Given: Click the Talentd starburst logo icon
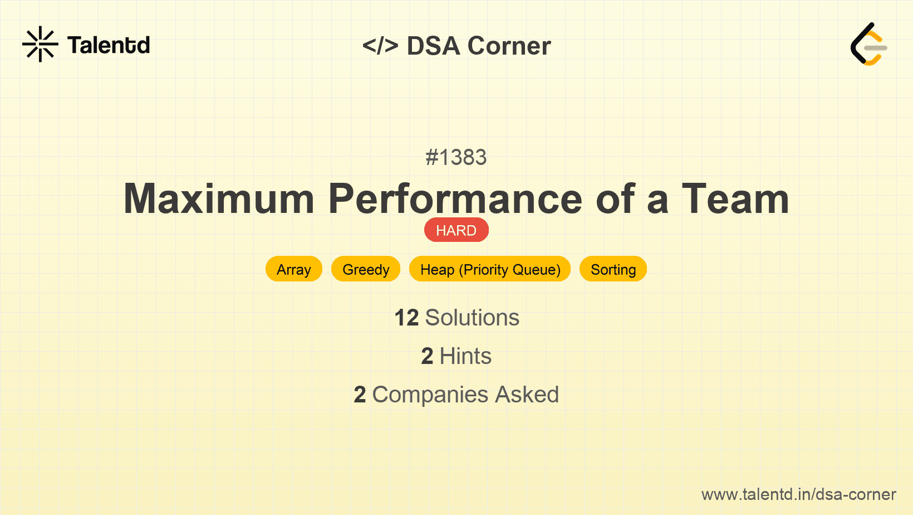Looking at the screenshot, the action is pyautogui.click(x=40, y=44).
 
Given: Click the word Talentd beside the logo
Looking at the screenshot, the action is pyautogui.click(x=109, y=45).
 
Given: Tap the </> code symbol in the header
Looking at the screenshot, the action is pyautogui.click(x=380, y=46).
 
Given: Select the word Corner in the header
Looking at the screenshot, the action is pyautogui.click(x=509, y=46).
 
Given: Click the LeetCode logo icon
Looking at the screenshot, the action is pyautogui.click(x=868, y=44).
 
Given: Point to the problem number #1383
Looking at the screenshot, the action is pyautogui.click(x=456, y=157).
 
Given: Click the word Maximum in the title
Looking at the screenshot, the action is pyautogui.click(x=219, y=199).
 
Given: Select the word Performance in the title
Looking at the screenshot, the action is pyautogui.click(x=455, y=199).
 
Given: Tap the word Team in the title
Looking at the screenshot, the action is pyautogui.click(x=736, y=199).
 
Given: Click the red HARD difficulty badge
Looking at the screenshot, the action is pyautogui.click(x=457, y=230).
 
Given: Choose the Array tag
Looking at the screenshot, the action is pyautogui.click(x=294, y=269).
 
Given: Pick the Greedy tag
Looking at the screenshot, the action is pyautogui.click(x=366, y=269).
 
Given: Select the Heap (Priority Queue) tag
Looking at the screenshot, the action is pyautogui.click(x=490, y=269).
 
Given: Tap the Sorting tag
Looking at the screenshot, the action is pyautogui.click(x=613, y=269).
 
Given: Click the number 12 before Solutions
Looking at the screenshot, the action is pyautogui.click(x=406, y=318).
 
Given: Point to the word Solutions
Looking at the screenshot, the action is pyautogui.click(x=472, y=318).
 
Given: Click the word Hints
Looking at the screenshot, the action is pyautogui.click(x=465, y=356).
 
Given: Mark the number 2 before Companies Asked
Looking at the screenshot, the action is pyautogui.click(x=360, y=395).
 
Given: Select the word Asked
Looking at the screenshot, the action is pyautogui.click(x=527, y=395).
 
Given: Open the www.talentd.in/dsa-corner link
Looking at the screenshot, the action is pyautogui.click(x=798, y=494).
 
